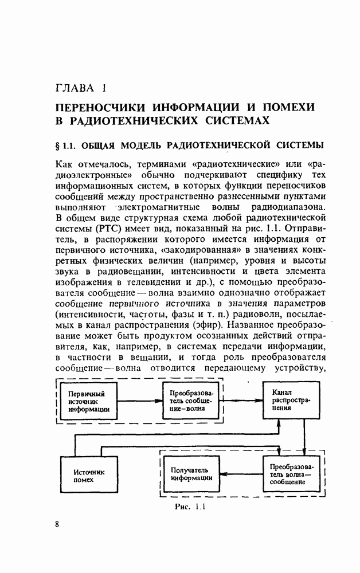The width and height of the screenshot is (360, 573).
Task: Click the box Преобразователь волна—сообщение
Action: pos(291,474)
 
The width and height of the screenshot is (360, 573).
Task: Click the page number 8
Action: pos(57,525)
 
